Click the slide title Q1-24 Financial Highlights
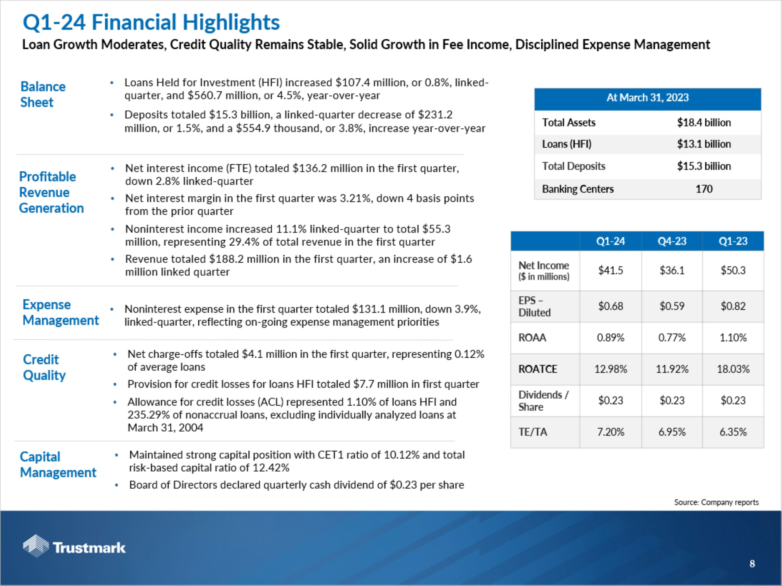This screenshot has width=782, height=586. [151, 22]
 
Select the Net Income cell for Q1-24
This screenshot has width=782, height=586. [610, 271]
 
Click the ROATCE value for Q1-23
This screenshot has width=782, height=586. [733, 369]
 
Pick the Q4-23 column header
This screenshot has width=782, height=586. [672, 241]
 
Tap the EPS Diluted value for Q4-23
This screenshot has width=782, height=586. [672, 306]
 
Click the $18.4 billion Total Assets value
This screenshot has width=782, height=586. [704, 123]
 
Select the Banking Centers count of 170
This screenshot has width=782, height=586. [704, 189]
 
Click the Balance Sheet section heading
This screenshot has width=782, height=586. [43, 94]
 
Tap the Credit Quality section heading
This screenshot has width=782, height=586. [44, 367]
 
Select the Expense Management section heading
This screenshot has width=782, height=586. [60, 312]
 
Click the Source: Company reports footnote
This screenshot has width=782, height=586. [716, 502]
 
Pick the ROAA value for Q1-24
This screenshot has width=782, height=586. [610, 338]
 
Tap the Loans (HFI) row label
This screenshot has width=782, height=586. [567, 144]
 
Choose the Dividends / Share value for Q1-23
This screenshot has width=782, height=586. [733, 401]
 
